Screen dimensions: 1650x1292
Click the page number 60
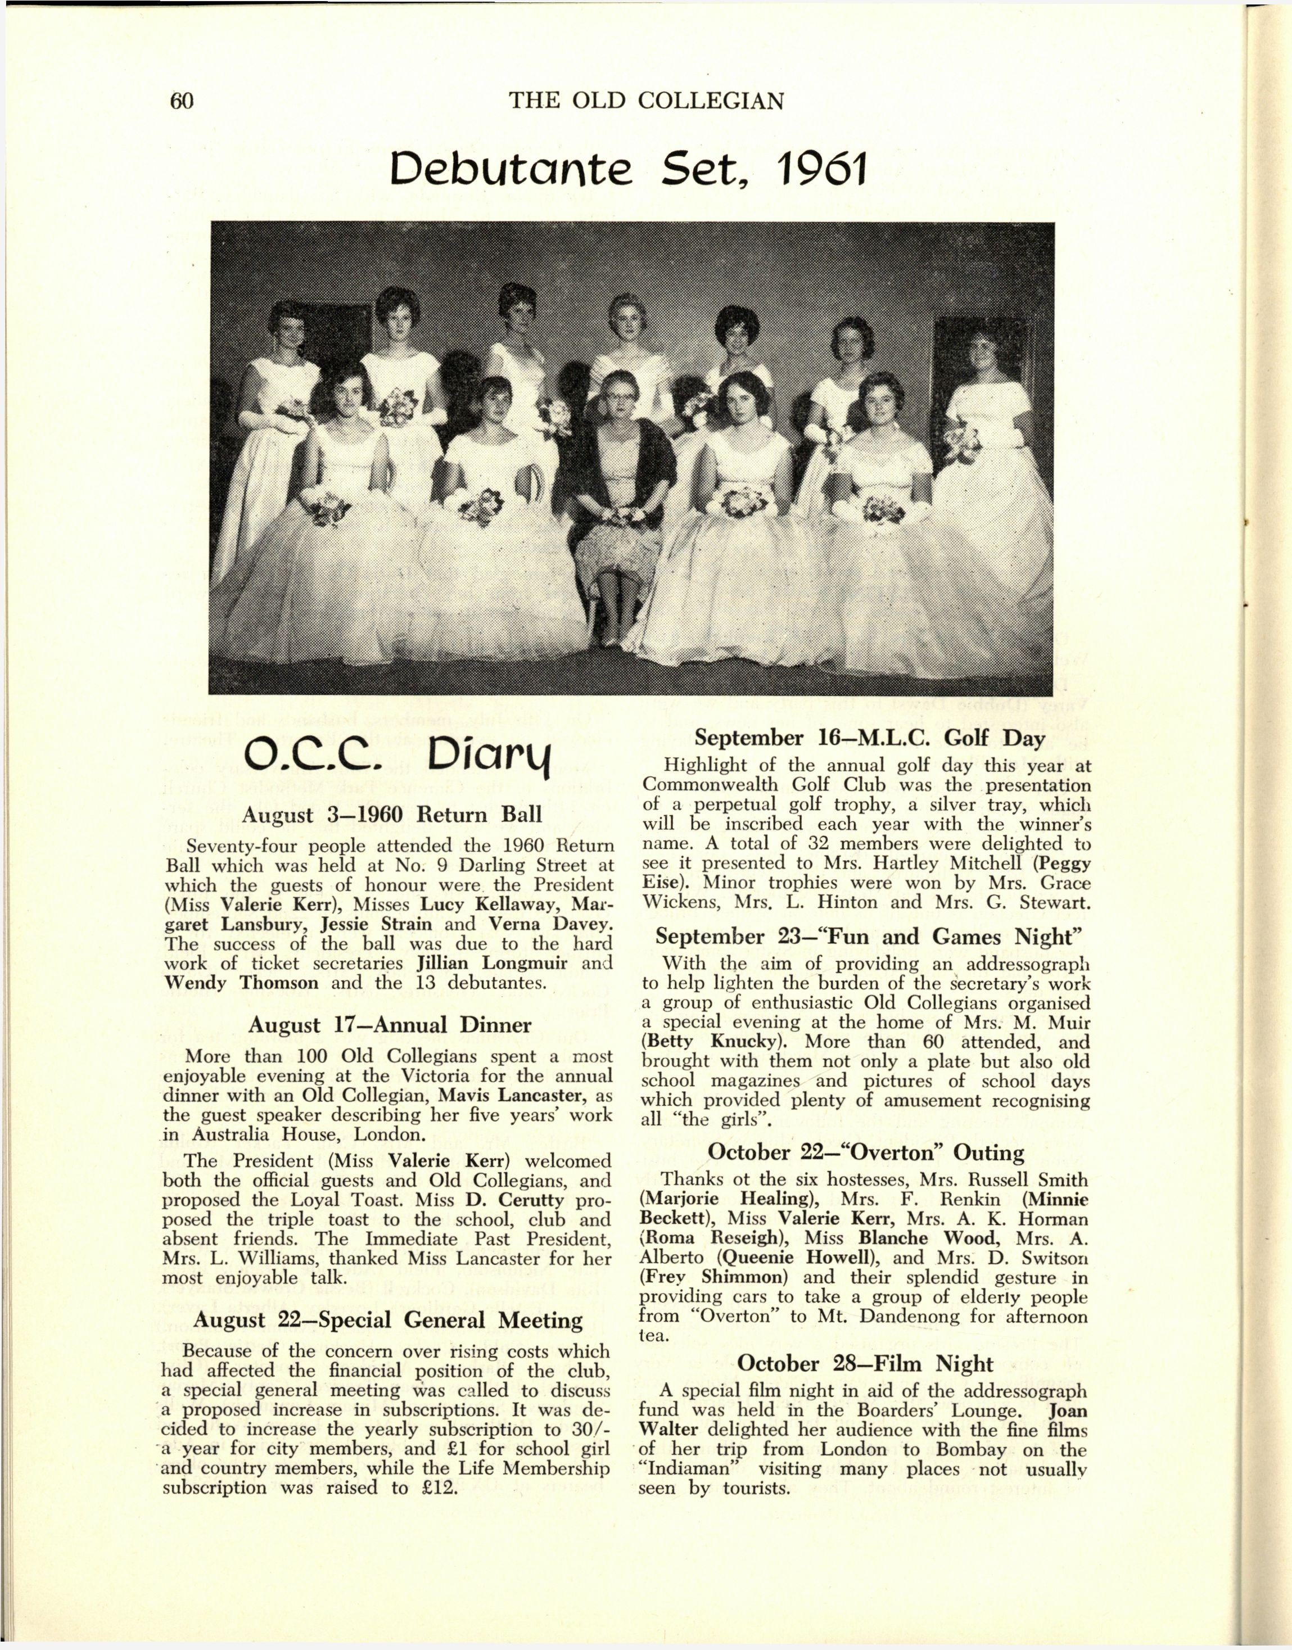182,101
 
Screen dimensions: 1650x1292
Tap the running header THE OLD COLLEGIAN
647,101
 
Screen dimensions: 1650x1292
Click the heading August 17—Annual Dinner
390,1025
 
